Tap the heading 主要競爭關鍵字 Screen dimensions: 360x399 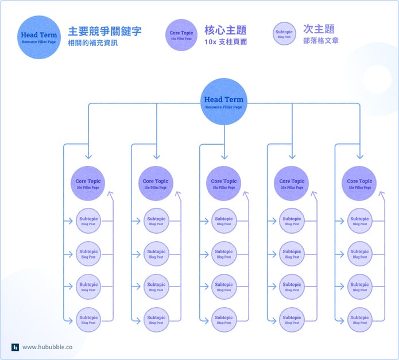click(104, 31)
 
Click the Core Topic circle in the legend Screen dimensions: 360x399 click(181, 35)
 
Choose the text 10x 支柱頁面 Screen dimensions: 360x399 click(226, 42)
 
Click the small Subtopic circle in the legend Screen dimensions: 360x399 click(284, 34)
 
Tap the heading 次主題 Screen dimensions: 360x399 click(319, 29)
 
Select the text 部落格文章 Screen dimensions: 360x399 click(321, 41)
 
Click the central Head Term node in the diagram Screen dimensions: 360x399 click(224, 102)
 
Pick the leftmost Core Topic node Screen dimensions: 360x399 click(88, 183)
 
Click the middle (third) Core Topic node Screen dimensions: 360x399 click(224, 183)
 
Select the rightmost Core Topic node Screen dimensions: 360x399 click(359, 183)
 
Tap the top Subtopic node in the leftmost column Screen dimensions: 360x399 click(88, 221)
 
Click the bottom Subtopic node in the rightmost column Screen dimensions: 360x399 click(359, 319)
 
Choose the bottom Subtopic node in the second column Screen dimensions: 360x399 click(156, 319)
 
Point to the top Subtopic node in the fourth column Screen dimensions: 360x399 click(292, 221)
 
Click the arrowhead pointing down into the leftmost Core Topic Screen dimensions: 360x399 click(88, 156)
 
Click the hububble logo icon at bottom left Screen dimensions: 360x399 click(16, 347)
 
